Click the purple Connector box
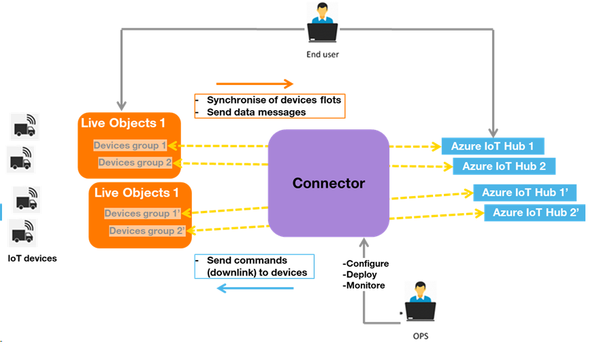click(329, 183)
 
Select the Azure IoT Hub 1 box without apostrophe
click(493, 146)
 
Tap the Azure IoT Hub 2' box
click(534, 212)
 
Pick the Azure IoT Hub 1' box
click(525, 193)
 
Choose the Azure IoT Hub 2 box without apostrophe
click(504, 166)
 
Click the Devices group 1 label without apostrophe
click(130, 146)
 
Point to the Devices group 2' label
click(147, 231)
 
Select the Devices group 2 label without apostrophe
click(135, 163)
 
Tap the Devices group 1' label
click(142, 214)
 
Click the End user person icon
click(323, 23)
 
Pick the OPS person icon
click(420, 301)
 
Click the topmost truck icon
click(25, 127)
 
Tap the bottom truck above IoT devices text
click(22, 233)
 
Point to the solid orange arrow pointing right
click(255, 83)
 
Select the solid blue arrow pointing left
click(255, 288)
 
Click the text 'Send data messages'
click(256, 112)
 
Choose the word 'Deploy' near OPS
click(361, 275)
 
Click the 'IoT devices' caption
click(33, 259)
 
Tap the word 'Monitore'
click(366, 285)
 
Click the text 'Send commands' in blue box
click(247, 260)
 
